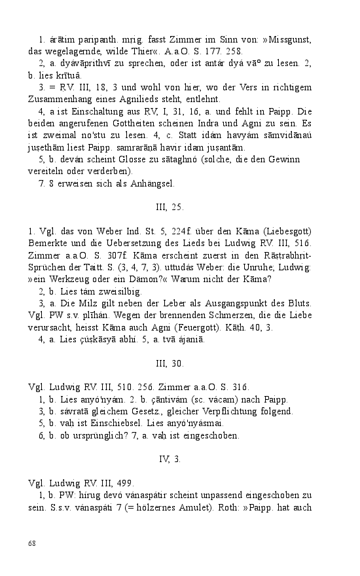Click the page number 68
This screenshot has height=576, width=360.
(32, 543)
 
